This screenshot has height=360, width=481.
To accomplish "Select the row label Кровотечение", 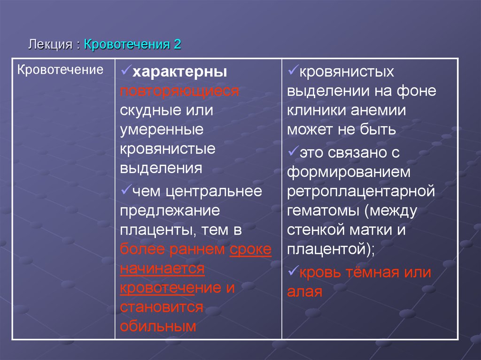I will [x=60, y=70].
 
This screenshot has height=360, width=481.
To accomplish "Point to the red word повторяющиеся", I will [x=179, y=91].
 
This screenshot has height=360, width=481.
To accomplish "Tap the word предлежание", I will [x=170, y=210].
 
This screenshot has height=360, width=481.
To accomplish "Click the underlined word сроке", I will [x=250, y=249].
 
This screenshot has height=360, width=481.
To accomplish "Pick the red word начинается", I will [x=162, y=268].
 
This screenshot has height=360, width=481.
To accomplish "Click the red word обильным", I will [x=158, y=326].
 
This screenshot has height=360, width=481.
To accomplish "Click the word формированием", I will [x=349, y=172].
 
